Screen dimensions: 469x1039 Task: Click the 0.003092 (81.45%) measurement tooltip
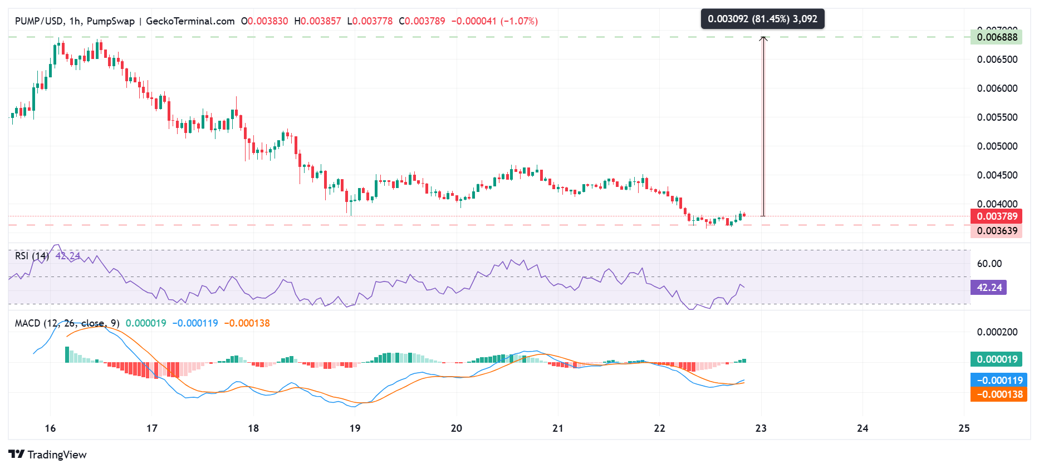click(x=762, y=19)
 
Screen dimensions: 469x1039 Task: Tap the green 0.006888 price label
click(x=997, y=37)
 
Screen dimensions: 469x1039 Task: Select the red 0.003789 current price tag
click(x=997, y=216)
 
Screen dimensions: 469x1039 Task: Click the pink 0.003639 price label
click(x=997, y=231)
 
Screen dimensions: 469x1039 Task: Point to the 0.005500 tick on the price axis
click(x=997, y=117)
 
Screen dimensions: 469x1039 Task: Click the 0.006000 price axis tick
click(x=997, y=88)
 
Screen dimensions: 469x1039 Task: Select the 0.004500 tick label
click(x=997, y=175)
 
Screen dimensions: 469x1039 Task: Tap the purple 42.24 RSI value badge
click(x=989, y=288)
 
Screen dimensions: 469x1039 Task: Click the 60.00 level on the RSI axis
click(x=989, y=264)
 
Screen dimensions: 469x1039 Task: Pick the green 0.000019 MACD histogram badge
click(x=997, y=359)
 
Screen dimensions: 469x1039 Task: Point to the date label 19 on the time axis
click(x=355, y=428)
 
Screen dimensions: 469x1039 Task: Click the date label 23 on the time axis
click(x=761, y=428)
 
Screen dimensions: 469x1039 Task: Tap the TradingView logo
click(x=48, y=455)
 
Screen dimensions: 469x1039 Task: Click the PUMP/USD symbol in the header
click(x=39, y=21)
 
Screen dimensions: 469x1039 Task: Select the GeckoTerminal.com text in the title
click(x=190, y=21)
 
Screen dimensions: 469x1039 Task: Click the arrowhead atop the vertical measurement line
click(x=763, y=38)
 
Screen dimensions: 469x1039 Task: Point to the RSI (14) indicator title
click(x=32, y=256)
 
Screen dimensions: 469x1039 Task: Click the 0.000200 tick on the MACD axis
click(x=997, y=332)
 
